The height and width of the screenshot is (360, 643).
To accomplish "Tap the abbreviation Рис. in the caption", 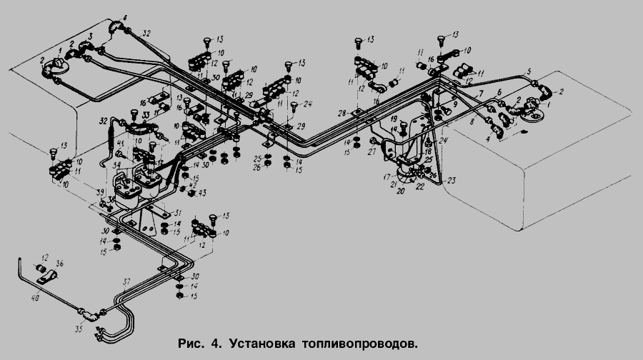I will click(191, 344).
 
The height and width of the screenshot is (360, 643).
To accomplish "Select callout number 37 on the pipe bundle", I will click(128, 281).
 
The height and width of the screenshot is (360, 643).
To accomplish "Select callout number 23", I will click(451, 180).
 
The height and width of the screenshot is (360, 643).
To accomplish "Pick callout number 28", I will click(342, 114).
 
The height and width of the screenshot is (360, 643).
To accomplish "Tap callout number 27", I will click(371, 153).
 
